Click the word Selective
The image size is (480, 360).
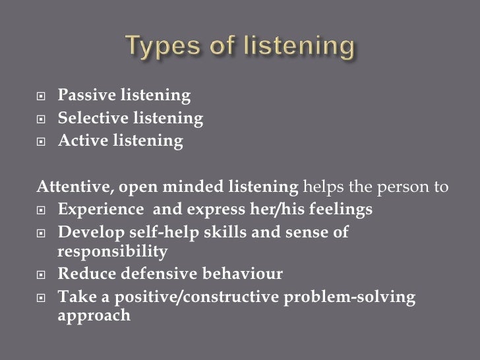[88, 119]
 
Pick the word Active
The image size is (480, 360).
[80, 140]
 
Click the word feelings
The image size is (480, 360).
[342, 210]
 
